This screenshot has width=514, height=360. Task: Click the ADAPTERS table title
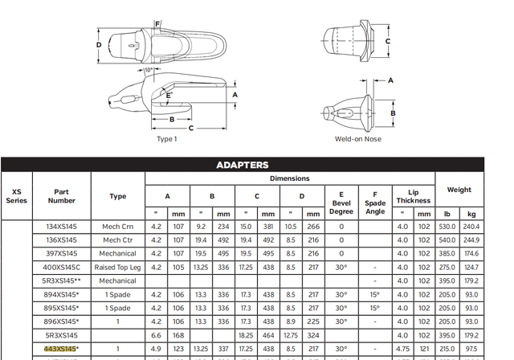point(242,165)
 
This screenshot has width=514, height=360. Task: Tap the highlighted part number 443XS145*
point(61,349)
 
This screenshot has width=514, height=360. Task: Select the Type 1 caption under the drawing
point(166,138)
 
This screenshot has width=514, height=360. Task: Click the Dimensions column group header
point(289,178)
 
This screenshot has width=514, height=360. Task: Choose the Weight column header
point(459,190)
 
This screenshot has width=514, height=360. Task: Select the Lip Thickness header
point(413,195)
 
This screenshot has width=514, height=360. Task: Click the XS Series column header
point(16,195)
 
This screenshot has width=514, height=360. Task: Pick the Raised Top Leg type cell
point(117,267)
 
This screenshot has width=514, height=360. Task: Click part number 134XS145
point(61,226)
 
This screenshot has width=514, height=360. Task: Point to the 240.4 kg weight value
point(472,226)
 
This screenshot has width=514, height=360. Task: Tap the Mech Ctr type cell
point(117,239)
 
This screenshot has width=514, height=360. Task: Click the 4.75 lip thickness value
point(402,349)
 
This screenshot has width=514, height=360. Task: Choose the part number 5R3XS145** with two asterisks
point(61,280)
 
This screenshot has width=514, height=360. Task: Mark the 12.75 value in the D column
point(291,335)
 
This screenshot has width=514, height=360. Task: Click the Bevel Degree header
point(342,200)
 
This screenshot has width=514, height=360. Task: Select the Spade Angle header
point(374,200)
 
